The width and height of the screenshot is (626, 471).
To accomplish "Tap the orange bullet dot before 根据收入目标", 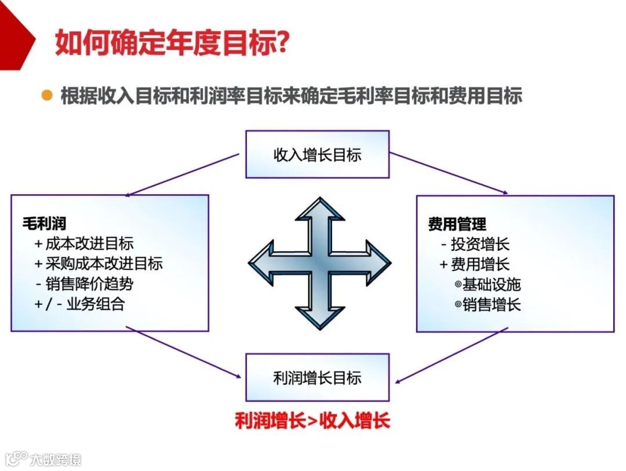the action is [x=47, y=94].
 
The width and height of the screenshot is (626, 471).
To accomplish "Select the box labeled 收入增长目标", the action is [x=317, y=154].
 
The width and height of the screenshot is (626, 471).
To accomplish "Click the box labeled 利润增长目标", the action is [x=317, y=378].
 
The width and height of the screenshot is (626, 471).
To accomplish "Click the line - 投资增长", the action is [x=475, y=244].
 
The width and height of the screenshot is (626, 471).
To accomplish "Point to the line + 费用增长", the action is [x=475, y=264].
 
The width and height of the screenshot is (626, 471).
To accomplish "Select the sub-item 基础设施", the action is [x=488, y=284].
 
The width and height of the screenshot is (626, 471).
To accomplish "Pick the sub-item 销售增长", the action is [x=488, y=305].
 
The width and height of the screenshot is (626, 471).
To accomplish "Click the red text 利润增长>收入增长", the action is [x=312, y=421].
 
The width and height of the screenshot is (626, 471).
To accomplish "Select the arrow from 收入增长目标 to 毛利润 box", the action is [x=182, y=174].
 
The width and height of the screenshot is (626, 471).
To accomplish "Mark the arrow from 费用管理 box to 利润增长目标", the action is [x=452, y=355].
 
